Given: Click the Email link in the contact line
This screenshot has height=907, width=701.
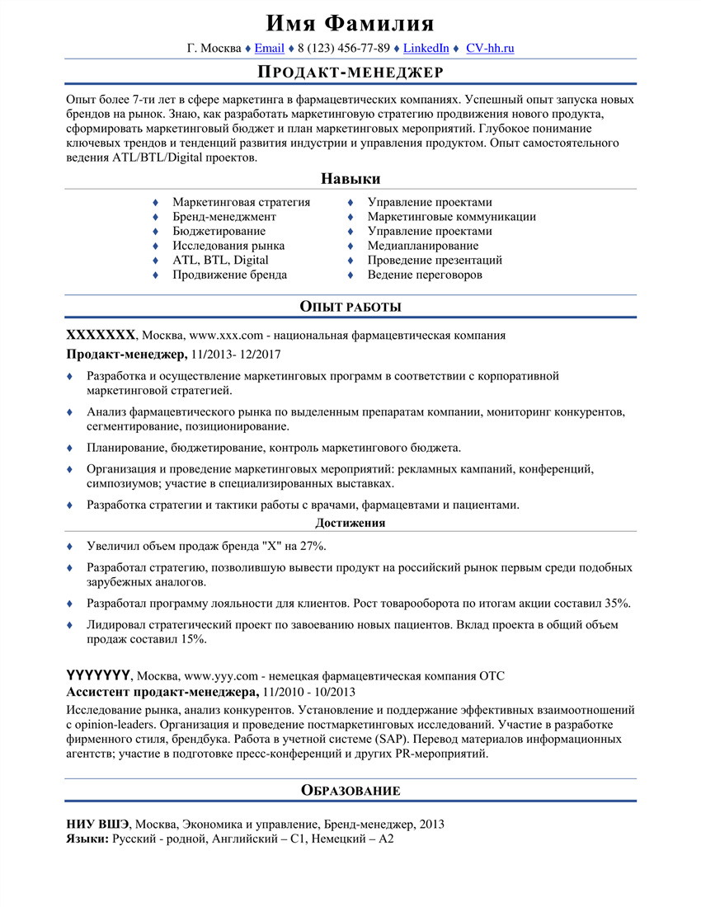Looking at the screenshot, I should point(270,48).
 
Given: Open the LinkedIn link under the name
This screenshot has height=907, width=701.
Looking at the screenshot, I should point(426,48).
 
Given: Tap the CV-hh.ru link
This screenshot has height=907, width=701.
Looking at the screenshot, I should point(490,48).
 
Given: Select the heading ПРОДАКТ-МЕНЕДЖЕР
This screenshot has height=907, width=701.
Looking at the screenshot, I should point(350,73).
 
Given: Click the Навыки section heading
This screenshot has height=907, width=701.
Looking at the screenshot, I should point(350,179).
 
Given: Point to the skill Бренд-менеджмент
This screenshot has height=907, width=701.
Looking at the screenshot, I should point(224,217).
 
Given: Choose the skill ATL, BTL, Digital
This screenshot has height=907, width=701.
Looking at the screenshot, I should point(220,260).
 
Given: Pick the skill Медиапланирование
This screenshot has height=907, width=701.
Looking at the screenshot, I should point(422,246).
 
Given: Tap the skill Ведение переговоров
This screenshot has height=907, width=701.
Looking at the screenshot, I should point(425,275).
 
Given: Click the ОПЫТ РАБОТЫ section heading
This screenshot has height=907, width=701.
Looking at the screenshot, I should point(350,307).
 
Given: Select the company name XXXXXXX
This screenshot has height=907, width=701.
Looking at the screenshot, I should point(100,336).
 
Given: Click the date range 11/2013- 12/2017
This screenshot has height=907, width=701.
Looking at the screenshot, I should point(236,355).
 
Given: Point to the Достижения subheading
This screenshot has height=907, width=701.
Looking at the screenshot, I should point(350,523).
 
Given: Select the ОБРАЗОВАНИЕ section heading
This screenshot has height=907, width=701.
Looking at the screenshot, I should point(350,791).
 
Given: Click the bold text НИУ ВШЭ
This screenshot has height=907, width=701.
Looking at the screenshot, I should point(97,824).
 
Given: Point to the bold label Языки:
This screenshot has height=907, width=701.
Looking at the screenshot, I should point(86,839).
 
